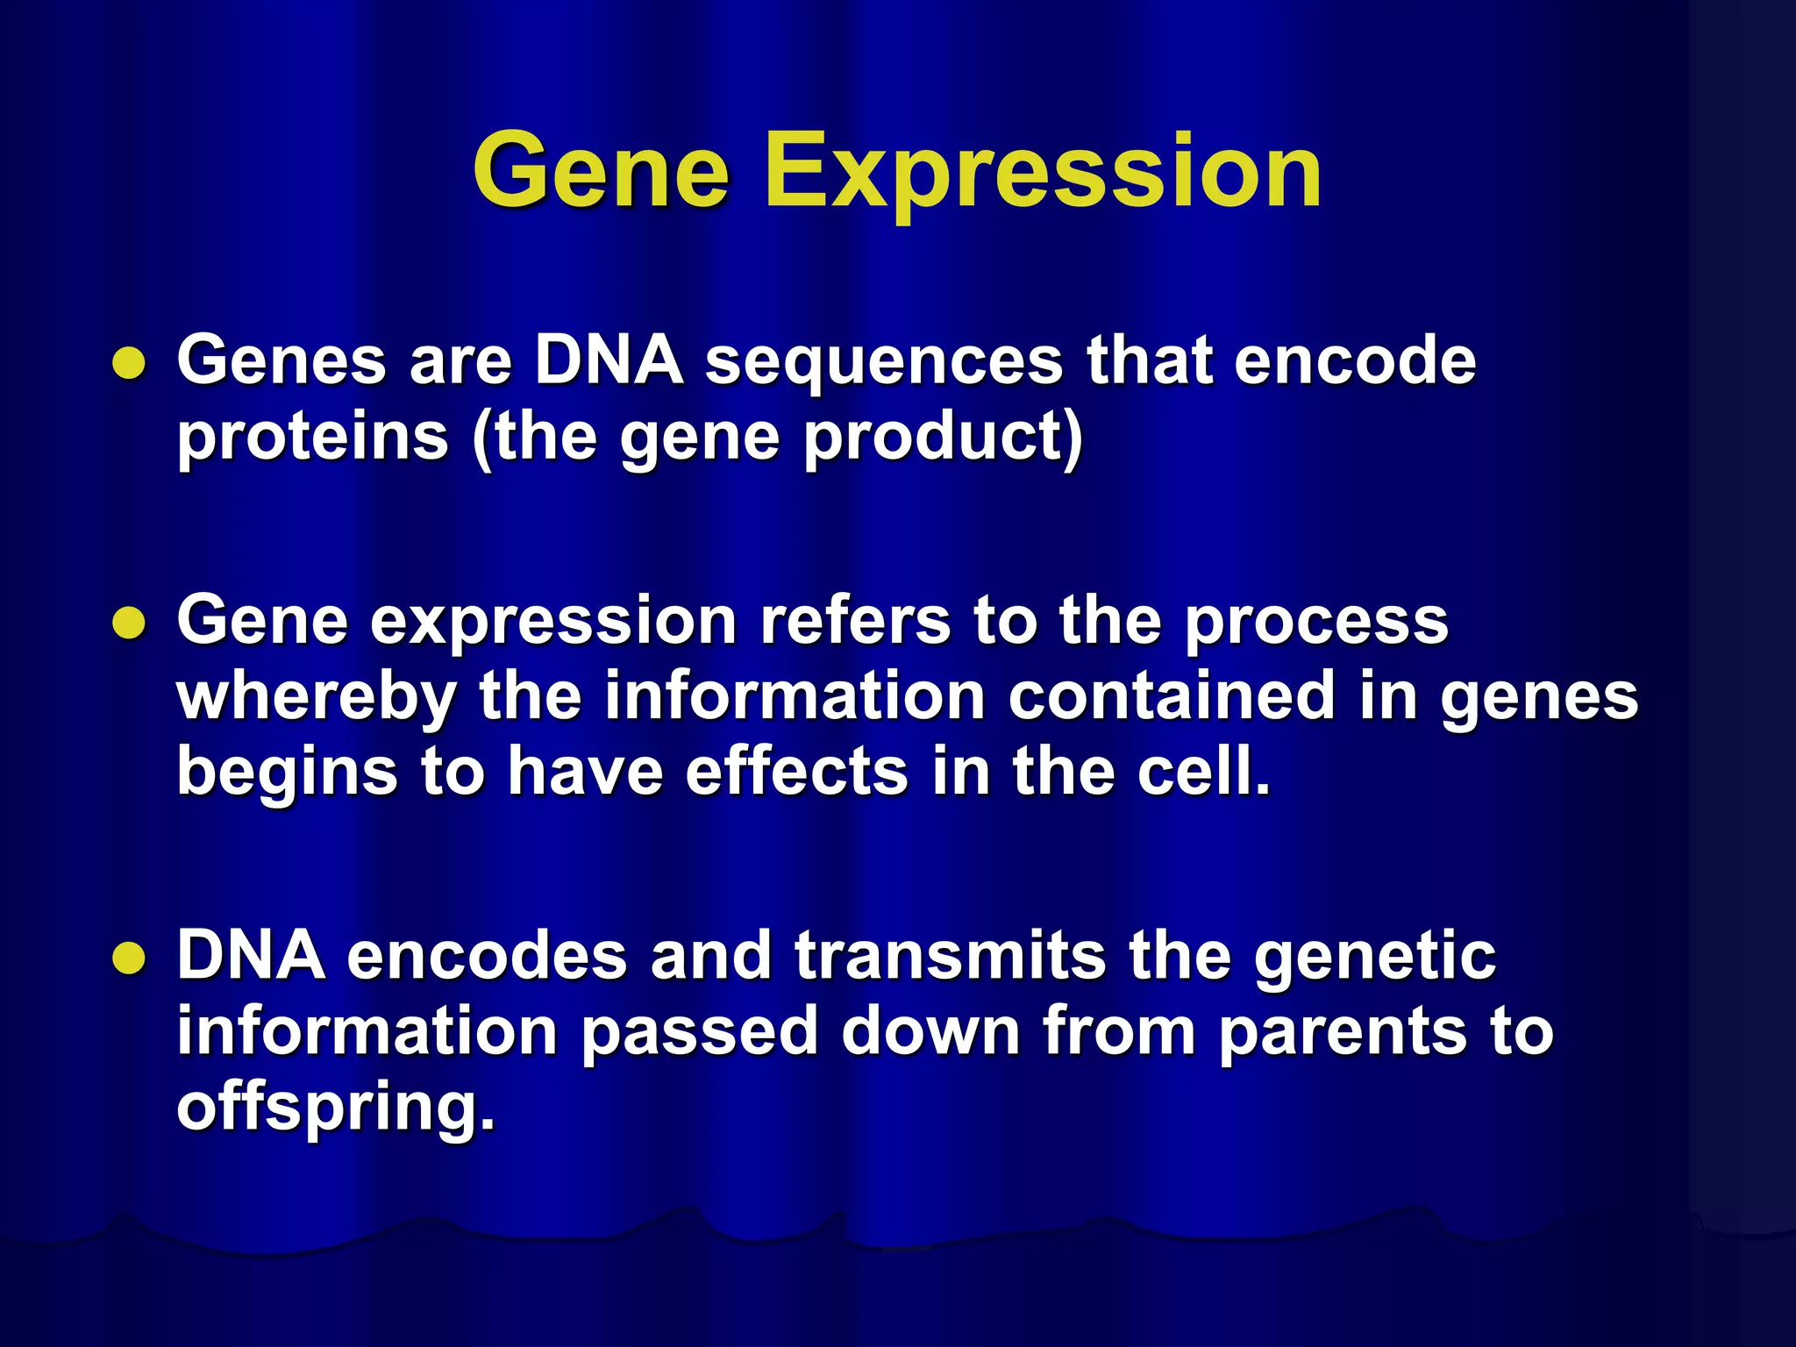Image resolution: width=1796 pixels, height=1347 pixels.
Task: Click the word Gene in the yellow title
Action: [x=601, y=171]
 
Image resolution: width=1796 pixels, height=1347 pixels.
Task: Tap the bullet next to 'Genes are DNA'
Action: [x=129, y=362]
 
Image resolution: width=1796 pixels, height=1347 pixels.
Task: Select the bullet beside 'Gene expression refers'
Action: [x=129, y=623]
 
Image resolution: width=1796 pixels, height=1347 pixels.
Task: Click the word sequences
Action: [x=884, y=361]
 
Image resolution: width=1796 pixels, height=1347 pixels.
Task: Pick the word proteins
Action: [x=313, y=438]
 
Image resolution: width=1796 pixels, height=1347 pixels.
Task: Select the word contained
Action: [x=1171, y=696]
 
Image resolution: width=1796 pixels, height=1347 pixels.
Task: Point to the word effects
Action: [x=796, y=772]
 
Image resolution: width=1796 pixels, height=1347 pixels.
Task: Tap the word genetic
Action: [x=1374, y=958]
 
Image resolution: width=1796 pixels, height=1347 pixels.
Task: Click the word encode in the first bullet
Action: [x=1355, y=361]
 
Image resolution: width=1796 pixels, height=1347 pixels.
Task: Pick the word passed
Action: [x=699, y=1033]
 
